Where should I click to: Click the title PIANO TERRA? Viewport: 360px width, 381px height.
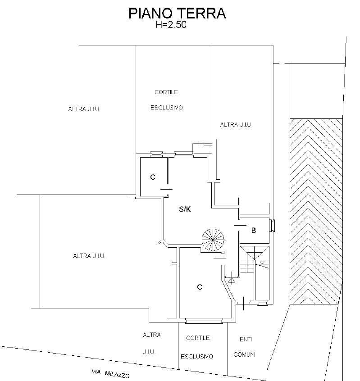click(177, 14)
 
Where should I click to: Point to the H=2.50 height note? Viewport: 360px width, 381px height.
click(171, 26)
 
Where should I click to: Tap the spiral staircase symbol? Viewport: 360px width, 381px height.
click(213, 239)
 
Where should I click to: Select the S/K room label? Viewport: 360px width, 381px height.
click(185, 209)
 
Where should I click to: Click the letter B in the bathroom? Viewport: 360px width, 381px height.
click(254, 231)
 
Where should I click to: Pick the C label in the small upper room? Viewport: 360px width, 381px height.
click(153, 177)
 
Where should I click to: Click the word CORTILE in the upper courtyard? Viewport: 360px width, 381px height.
click(166, 92)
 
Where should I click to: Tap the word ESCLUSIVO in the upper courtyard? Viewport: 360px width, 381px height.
click(166, 108)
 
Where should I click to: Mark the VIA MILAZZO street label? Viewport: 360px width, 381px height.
click(110, 374)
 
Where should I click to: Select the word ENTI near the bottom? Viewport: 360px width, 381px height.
click(244, 338)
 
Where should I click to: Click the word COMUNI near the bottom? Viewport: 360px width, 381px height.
click(244, 355)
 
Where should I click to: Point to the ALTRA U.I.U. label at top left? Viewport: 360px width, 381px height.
click(84, 109)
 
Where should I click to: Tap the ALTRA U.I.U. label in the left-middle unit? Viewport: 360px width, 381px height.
click(89, 256)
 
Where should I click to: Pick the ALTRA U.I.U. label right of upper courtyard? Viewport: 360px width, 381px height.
click(236, 125)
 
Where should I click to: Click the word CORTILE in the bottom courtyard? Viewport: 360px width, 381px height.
click(198, 338)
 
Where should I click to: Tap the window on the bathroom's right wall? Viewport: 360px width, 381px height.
click(273, 224)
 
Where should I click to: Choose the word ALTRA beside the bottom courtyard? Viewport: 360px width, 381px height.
click(151, 335)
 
